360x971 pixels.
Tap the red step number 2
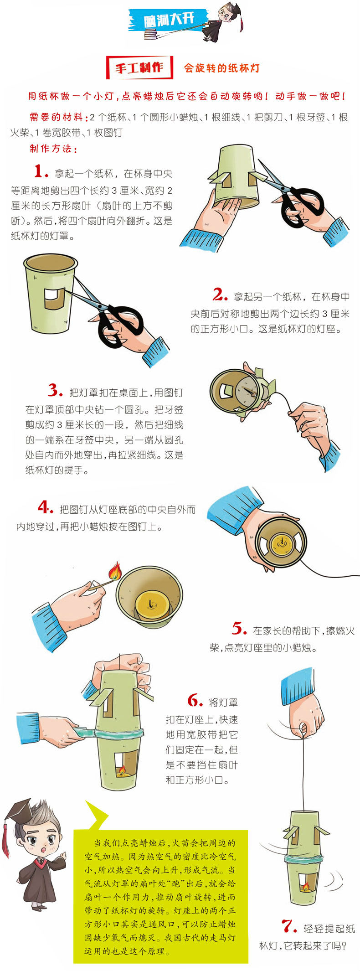click(x=220, y=295)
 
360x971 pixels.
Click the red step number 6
click(x=195, y=700)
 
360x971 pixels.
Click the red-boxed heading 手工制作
click(x=139, y=68)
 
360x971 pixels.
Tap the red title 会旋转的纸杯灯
click(x=222, y=68)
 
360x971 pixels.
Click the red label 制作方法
click(x=53, y=149)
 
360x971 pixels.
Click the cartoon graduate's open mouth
click(x=43, y=851)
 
